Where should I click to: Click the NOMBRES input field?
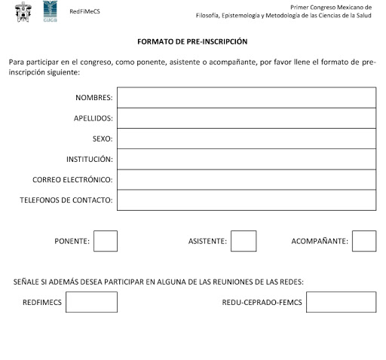point(247,98)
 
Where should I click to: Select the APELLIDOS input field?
point(247,118)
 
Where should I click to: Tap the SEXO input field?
point(247,139)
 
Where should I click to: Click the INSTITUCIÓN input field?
point(247,159)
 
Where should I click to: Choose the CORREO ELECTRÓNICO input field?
point(247,179)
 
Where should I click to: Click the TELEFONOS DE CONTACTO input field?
point(247,200)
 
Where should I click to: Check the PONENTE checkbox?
point(106,241)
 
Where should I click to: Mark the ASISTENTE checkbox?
point(244,241)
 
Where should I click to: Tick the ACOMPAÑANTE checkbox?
point(364,241)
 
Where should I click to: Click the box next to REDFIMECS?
point(91,302)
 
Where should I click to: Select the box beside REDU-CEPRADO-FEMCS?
point(341,302)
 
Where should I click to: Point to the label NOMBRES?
point(94,98)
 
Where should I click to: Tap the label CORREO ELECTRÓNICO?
point(72,179)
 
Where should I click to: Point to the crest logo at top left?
point(23,11)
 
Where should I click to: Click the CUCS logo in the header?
point(50,10)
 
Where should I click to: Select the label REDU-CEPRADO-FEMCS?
point(262,302)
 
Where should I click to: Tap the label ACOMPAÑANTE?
point(320,241)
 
